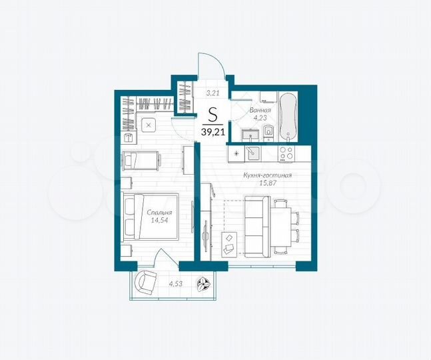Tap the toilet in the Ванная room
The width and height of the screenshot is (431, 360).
[266, 135]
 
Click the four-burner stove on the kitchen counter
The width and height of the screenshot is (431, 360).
[286, 153]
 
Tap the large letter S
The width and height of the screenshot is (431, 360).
[213, 113]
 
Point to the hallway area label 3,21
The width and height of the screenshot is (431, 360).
[213, 93]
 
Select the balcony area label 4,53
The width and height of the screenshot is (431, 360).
[176, 283]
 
